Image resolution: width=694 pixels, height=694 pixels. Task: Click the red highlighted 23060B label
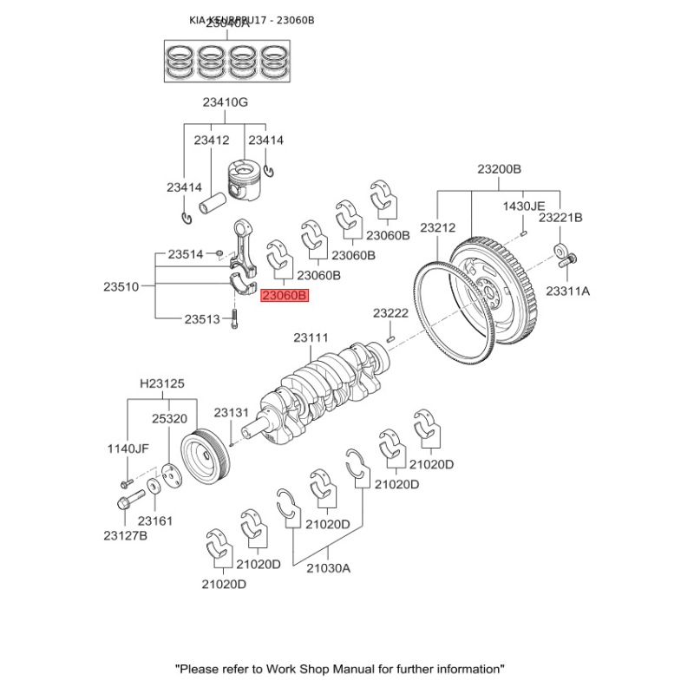285,297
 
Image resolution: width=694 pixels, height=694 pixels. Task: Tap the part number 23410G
226,102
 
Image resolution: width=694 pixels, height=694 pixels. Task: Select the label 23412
211,140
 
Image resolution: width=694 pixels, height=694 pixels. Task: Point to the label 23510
121,285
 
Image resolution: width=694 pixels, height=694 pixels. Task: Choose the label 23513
202,319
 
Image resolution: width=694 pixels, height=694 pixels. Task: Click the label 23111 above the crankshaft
311,337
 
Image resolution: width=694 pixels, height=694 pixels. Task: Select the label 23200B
499,168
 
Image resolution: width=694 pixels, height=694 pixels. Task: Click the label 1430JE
525,206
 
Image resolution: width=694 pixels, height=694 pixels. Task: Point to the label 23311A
567,291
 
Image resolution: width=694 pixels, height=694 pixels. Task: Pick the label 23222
390,312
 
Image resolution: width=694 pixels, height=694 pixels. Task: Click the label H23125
162,383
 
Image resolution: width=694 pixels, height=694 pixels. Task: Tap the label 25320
169,418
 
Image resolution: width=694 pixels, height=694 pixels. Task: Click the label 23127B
125,536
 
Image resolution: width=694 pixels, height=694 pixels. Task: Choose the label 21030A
328,568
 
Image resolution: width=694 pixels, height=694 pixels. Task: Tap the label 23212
437,227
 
